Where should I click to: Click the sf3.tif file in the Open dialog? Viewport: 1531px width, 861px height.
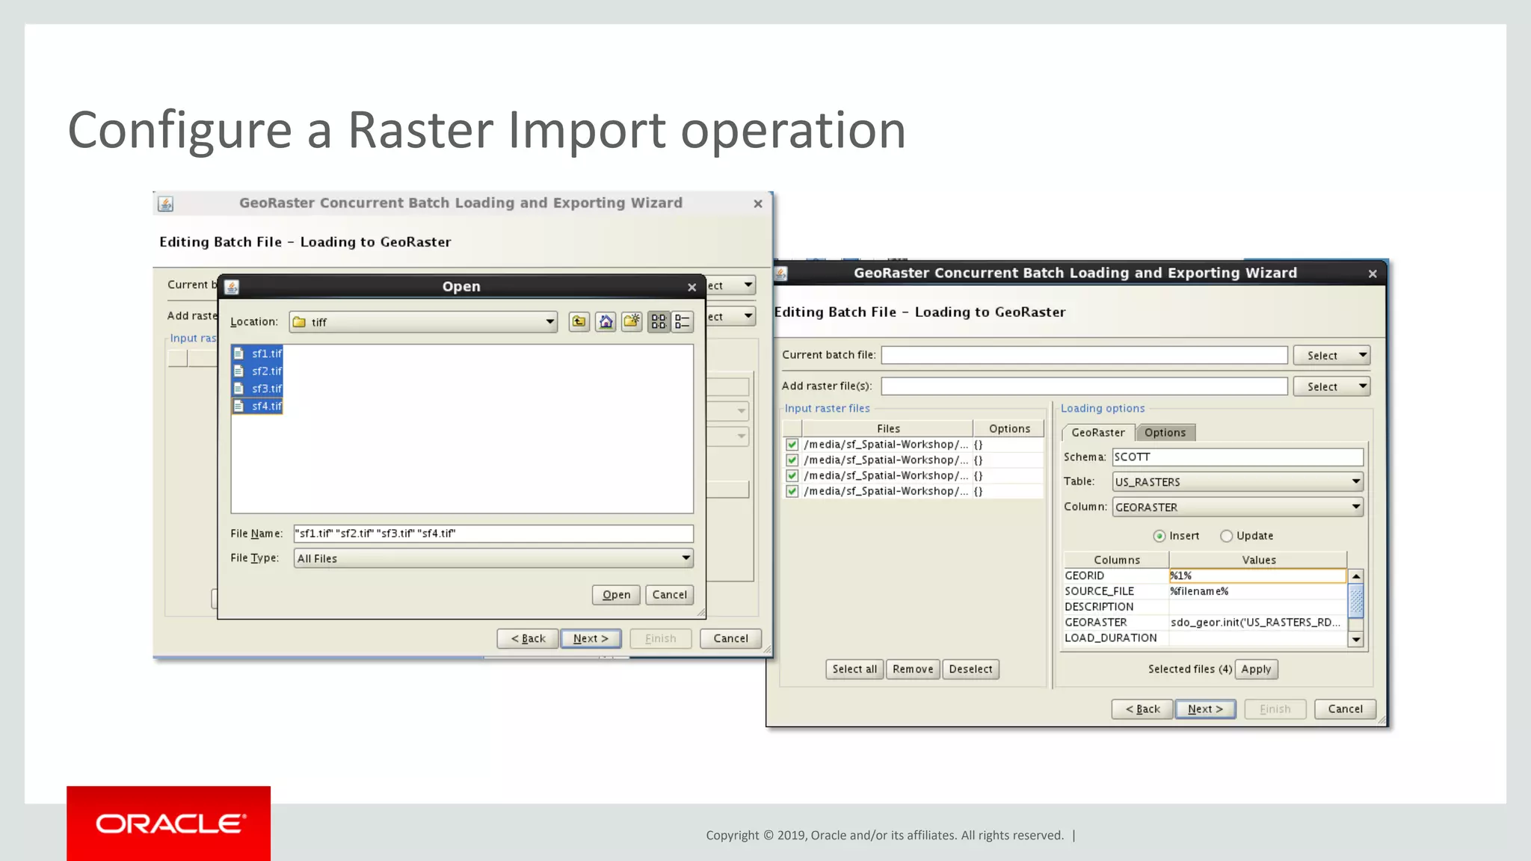coord(265,389)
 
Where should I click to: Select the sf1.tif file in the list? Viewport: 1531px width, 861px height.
coord(265,354)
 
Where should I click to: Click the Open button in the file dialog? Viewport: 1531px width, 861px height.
coord(616,595)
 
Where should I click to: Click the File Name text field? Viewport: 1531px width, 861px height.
coord(493,534)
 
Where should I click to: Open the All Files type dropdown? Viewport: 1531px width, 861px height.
coord(493,558)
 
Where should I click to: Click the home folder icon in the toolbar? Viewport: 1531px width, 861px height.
coord(606,321)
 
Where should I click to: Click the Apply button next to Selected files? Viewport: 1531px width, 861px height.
coord(1256,669)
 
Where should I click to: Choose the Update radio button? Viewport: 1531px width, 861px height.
coord(1227,536)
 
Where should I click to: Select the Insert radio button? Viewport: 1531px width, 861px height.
coord(1159,536)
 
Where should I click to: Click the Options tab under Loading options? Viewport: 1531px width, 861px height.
coord(1165,432)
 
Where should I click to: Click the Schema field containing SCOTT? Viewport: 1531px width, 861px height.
coord(1237,457)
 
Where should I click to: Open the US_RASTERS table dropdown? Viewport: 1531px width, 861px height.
coord(1237,482)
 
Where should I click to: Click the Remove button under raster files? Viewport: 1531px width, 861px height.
coord(913,669)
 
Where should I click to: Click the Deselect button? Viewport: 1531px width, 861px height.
coord(970,669)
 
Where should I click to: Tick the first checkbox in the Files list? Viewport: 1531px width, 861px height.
coord(792,445)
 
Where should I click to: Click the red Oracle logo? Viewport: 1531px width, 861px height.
coord(169,823)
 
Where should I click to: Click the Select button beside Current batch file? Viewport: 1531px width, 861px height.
coord(1331,356)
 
